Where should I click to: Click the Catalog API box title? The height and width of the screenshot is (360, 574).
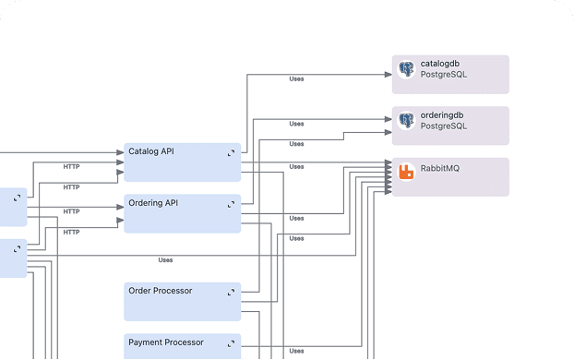[x=150, y=151]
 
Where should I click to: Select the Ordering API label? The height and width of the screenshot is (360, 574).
[x=152, y=203]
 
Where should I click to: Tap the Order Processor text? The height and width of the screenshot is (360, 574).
[x=160, y=291]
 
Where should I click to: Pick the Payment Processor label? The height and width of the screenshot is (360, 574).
[x=165, y=342]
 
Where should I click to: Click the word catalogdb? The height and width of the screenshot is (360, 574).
[x=441, y=65]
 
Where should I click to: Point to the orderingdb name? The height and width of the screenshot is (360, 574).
[x=442, y=115]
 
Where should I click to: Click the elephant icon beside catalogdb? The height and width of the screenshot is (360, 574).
[x=406, y=69]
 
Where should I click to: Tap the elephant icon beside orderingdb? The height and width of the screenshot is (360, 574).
[x=406, y=120]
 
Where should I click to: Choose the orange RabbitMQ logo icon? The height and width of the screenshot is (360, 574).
[x=406, y=172]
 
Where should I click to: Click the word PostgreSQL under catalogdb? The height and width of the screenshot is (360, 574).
[x=444, y=75]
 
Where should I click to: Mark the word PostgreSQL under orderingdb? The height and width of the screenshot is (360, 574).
[x=444, y=126]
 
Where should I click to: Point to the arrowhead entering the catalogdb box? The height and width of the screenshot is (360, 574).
[x=388, y=73]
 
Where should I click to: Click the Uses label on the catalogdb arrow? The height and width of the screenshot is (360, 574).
[x=296, y=79]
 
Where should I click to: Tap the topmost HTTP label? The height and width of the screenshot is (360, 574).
[x=71, y=167]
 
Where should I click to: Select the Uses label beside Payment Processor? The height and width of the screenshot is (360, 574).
[x=296, y=351]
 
